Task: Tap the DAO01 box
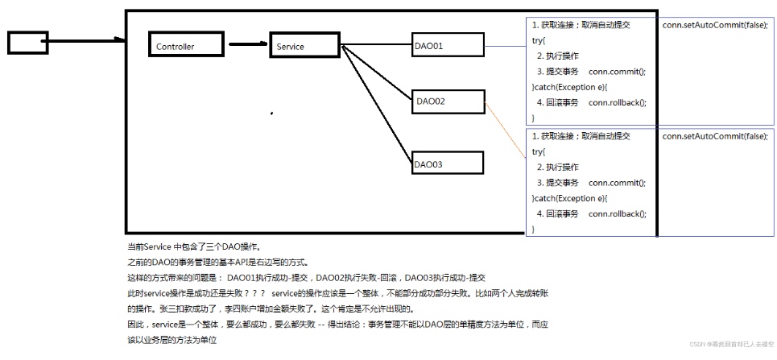point(447,46)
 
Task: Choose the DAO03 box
point(447,163)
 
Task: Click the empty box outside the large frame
point(28,43)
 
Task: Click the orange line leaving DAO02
point(506,129)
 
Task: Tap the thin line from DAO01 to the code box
point(504,46)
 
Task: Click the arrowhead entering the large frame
point(120,39)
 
